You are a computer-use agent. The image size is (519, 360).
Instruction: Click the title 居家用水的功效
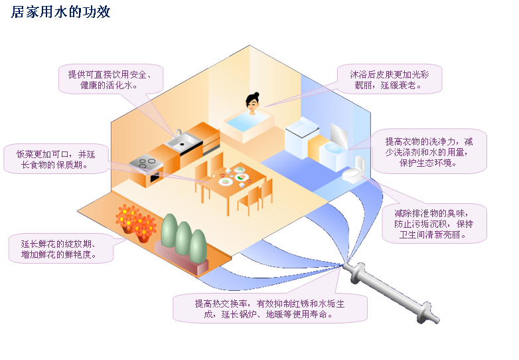[x=60, y=12]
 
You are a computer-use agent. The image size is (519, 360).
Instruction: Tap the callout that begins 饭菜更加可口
[x=56, y=159]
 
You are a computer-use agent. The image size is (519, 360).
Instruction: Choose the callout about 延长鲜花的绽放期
[x=61, y=248]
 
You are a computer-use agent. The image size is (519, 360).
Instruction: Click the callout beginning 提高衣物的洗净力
[x=429, y=151]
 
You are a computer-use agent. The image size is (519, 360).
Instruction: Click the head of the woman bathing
[x=252, y=102]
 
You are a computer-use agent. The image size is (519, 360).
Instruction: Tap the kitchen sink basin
[x=181, y=141]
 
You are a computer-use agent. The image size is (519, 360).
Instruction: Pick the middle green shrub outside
[x=183, y=236]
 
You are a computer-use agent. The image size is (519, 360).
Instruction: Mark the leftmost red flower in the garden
[x=125, y=217]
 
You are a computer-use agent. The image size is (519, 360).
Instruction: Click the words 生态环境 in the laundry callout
[x=439, y=162]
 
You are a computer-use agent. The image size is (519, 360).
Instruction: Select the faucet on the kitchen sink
[x=177, y=133]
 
